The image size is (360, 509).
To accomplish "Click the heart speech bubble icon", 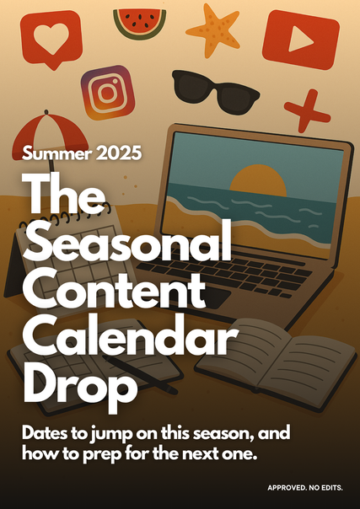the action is coord(51,38).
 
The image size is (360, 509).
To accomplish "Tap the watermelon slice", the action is coord(140,23).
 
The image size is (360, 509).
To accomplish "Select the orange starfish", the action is coord(213,30).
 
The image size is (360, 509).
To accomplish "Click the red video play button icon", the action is coord(301,40).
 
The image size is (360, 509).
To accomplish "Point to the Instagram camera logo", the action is coord(108,93).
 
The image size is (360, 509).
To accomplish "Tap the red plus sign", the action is coord(307,110).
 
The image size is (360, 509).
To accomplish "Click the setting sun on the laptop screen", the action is coord(258,180).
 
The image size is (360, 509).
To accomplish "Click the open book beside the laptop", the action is coord(276,363).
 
